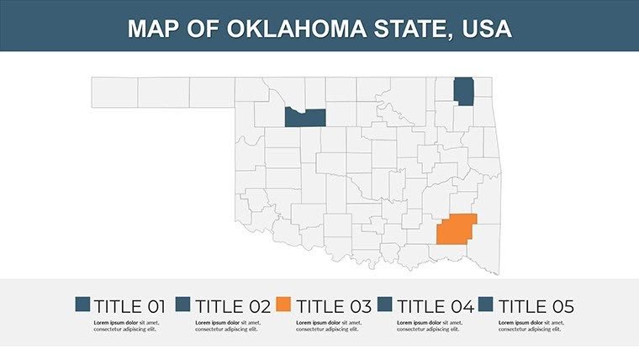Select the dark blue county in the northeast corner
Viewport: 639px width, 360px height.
[463, 91]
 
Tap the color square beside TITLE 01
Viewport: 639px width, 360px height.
[82, 305]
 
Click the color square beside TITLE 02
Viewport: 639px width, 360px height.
[184, 305]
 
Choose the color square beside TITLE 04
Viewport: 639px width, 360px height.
[387, 305]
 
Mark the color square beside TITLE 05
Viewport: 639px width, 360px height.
[488, 305]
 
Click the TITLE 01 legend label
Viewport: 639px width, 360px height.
[129, 306]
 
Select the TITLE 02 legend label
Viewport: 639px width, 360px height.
[231, 306]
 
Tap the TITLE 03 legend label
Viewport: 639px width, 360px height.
[333, 306]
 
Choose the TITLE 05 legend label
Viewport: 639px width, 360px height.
[536, 306]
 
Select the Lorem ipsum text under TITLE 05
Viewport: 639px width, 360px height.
[532, 326]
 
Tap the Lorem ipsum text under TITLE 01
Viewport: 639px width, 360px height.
[127, 326]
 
